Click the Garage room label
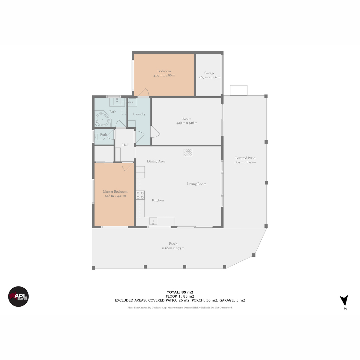coord(209,73)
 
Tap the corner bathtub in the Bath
coord(103,119)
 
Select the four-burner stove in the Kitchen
coord(140,195)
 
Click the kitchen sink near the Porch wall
coord(153,221)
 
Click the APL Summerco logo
coord(18,296)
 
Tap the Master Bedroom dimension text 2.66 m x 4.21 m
coord(115,196)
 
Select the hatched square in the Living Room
coord(188,152)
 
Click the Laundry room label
coord(139,114)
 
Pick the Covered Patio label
coord(245,158)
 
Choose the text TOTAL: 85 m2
coord(180,292)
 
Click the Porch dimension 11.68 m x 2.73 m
coord(173,248)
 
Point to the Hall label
coord(125,145)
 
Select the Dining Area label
coord(156,161)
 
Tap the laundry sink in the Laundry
coord(133,102)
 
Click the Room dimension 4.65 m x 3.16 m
coord(187,123)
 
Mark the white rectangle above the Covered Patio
coord(238,90)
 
